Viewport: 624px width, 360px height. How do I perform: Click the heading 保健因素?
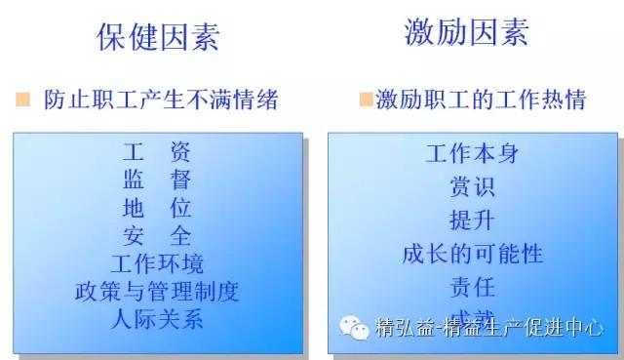(157, 36)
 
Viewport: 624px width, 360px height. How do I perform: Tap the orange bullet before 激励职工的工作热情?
(366, 100)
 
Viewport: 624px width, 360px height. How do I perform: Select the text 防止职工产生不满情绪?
(161, 100)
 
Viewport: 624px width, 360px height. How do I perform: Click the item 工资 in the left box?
(157, 152)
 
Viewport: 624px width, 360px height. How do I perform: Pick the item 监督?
(157, 180)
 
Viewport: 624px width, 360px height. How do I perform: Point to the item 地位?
(157, 208)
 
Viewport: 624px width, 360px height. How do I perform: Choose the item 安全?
(157, 236)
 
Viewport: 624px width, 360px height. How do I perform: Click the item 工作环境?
(157, 263)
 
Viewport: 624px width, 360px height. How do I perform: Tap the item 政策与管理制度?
(157, 292)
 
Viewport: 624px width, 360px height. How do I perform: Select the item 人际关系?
(157, 319)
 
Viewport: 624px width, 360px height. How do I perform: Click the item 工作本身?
(472, 153)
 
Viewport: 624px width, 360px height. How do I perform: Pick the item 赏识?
(472, 186)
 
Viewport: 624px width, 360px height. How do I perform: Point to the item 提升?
(472, 220)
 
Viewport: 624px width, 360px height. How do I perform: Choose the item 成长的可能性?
(472, 254)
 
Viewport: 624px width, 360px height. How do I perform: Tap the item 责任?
(472, 287)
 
